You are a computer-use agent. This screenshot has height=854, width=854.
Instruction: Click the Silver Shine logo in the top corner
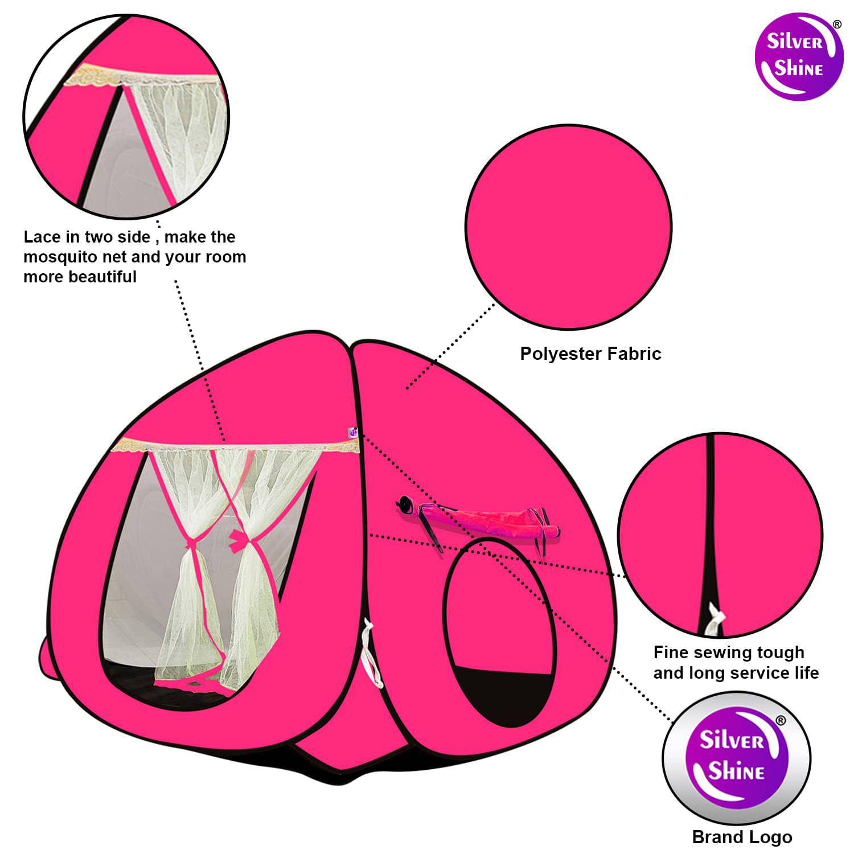pyautogui.click(x=798, y=57)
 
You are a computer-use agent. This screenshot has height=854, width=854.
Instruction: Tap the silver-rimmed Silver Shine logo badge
pyautogui.click(x=737, y=758)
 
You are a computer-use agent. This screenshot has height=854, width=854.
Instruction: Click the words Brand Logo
pyautogui.click(x=742, y=837)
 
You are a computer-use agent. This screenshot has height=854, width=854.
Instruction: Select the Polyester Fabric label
pyautogui.click(x=590, y=354)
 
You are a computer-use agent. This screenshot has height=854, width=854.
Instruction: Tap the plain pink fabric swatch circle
pyautogui.click(x=569, y=227)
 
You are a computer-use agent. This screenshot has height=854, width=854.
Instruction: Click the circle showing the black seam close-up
pyautogui.click(x=720, y=535)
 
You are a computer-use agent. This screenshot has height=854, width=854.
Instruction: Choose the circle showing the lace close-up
pyautogui.click(x=126, y=116)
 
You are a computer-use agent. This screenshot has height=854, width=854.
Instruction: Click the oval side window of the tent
pyautogui.click(x=499, y=632)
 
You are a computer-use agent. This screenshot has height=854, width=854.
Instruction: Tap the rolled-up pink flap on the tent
pyautogui.click(x=481, y=520)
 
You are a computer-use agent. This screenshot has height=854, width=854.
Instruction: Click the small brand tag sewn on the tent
pyautogui.click(x=353, y=433)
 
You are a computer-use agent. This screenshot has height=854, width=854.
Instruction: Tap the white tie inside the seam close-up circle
pyautogui.click(x=714, y=621)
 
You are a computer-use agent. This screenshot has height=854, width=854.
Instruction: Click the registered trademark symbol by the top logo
pyautogui.click(x=837, y=24)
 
